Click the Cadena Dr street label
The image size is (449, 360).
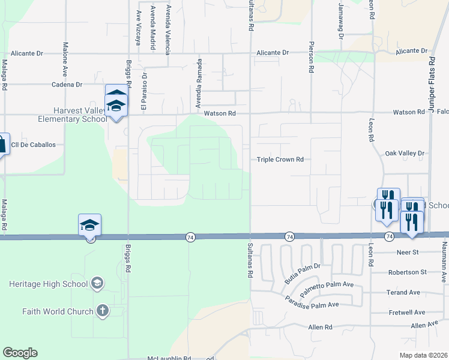[66, 85]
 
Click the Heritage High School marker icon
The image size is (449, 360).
[97, 283]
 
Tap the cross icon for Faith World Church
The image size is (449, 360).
[103, 311]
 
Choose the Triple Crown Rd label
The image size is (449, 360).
[280, 160]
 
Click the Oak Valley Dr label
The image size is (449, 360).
[405, 154]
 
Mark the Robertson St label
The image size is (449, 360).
[406, 272]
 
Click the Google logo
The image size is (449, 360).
[20, 353]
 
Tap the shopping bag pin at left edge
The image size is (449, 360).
[2, 144]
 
